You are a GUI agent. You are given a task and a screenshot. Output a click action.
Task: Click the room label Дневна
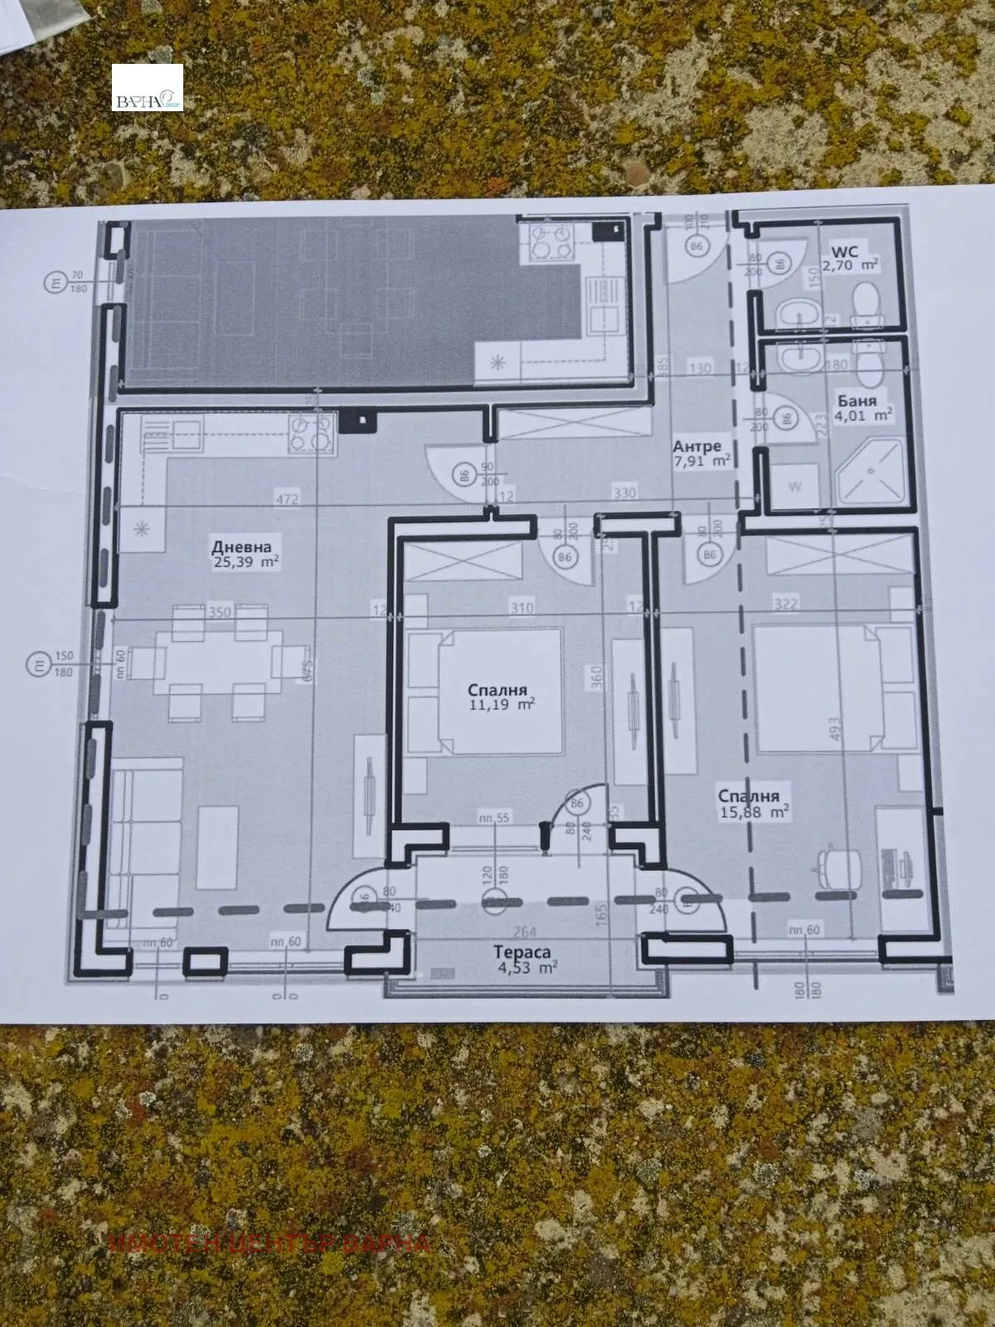(241, 547)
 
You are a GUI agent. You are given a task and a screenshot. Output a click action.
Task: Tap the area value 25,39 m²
(245, 562)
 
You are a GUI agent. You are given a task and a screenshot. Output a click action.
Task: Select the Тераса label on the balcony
(523, 953)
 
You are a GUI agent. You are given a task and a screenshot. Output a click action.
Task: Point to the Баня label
(857, 401)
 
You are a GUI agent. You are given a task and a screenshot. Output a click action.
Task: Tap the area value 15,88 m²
(753, 812)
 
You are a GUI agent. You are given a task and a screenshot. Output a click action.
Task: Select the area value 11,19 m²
(501, 704)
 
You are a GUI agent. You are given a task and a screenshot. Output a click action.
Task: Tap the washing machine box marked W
(794, 486)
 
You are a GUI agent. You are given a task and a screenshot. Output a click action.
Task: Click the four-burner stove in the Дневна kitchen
(312, 435)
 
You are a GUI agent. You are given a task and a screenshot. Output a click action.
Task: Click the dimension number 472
(288, 499)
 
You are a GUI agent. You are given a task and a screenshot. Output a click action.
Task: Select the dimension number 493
(835, 728)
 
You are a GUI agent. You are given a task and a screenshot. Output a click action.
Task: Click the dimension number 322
(785, 604)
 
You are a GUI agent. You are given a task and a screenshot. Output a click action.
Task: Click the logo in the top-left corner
(148, 88)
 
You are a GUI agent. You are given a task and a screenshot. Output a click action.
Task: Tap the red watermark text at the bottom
(269, 1242)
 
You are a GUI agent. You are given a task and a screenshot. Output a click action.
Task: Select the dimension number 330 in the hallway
(624, 493)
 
